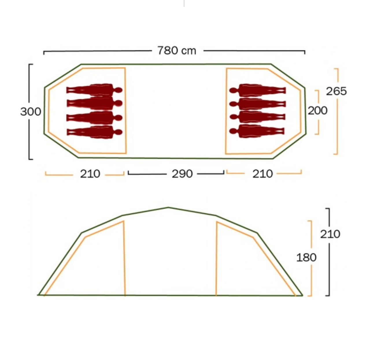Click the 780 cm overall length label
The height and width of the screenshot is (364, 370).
click(x=177, y=51)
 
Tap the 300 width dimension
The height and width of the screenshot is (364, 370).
click(x=31, y=112)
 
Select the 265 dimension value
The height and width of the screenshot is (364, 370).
click(x=336, y=91)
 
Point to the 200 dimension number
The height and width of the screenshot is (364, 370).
click(x=318, y=111)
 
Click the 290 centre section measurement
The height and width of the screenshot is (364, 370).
click(x=182, y=174)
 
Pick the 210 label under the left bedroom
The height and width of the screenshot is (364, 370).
click(x=90, y=174)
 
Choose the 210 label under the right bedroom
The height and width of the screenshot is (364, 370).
click(x=262, y=174)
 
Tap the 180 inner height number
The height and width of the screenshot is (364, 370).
click(x=306, y=257)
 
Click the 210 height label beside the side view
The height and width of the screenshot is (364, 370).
click(x=330, y=234)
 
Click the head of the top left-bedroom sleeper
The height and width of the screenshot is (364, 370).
click(x=119, y=90)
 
